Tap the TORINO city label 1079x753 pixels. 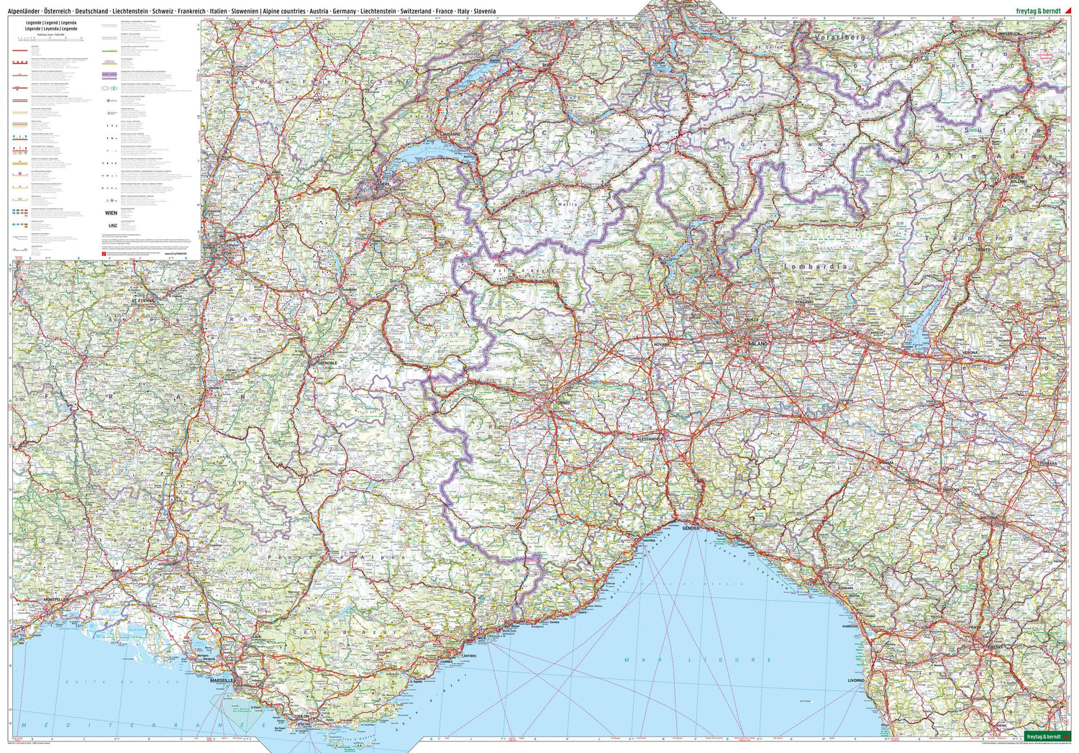pyautogui.click(x=561, y=404)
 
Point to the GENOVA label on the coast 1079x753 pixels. pyautogui.click(x=691, y=527)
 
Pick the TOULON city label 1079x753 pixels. pyautogui.click(x=301, y=716)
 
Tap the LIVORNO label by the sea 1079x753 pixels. pyautogui.click(x=856, y=680)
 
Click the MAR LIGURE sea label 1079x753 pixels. pyautogui.click(x=698, y=660)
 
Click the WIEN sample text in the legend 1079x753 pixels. pyautogui.click(x=111, y=213)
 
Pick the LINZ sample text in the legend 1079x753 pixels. pyautogui.click(x=111, y=226)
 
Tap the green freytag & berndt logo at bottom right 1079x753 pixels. pyautogui.click(x=1044, y=736)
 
